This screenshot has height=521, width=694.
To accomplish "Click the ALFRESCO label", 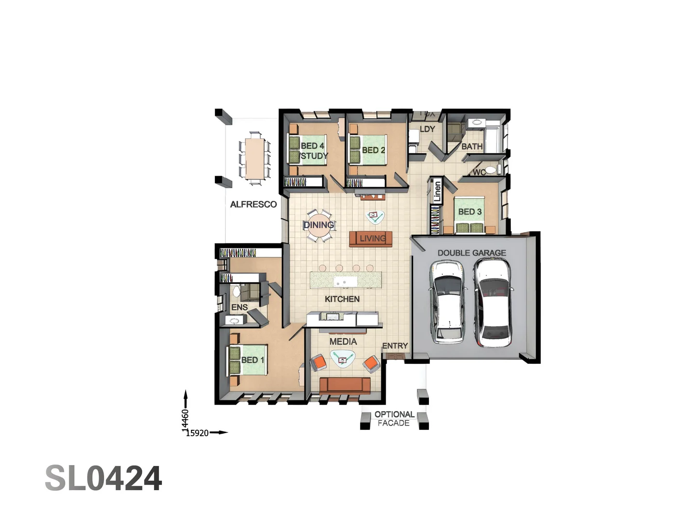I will coord(253,205).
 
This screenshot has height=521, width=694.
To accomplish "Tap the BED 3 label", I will coord(469,212).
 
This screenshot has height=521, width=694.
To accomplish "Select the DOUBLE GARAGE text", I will coord(471,253).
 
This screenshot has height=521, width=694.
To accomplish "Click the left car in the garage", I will coord(448,302).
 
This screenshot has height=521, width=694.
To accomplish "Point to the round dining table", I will coord(319,226).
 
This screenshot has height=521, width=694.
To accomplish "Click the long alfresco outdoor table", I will coord(254,158).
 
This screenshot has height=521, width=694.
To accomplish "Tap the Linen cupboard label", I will coord(437,191).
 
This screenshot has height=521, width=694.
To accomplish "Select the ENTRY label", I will coord(395,346).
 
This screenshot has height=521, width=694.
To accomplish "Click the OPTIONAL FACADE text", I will coord(394,419).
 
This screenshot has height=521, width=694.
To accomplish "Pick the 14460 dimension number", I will coord(185,419).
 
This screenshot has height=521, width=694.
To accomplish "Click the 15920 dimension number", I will coord(197,433).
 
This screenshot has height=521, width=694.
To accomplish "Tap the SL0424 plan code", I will coord(103,479).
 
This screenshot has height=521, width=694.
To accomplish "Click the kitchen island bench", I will coord(346,279).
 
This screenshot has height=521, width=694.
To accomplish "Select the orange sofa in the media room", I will coord(345,385).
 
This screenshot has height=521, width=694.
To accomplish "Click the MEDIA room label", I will coord(343,342).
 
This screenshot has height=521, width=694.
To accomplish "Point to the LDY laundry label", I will coord(427,129).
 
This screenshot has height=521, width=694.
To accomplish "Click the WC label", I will coord(479,172).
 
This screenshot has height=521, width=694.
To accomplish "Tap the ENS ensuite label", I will coord(239,307).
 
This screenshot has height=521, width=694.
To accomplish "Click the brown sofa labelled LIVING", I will coord(371,238).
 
